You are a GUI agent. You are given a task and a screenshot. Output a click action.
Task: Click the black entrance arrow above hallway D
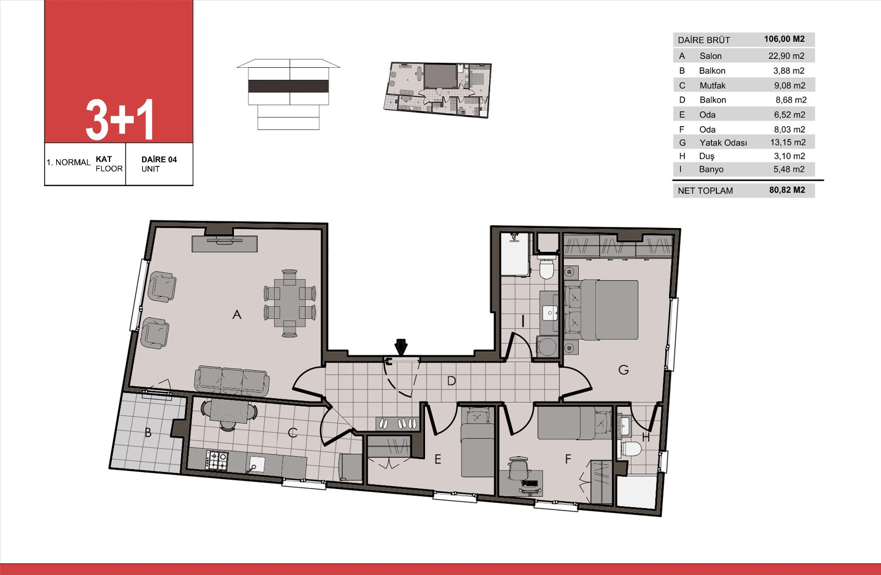401,346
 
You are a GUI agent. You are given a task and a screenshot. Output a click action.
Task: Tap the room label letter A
237,314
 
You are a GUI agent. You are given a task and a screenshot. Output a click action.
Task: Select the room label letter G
623,370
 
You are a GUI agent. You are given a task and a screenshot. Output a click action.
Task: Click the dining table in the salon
290,303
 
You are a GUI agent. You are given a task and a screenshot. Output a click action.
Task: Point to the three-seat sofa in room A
232,380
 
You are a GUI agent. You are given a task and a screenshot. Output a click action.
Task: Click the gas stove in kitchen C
216,460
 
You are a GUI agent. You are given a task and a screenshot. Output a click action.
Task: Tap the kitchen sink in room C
256,464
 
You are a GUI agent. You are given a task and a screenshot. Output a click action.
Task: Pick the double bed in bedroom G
601,310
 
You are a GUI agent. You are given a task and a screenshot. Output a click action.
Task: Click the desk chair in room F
518,468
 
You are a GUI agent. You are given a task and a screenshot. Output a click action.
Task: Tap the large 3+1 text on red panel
119,120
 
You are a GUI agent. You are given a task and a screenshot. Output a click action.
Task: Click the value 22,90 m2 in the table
786,56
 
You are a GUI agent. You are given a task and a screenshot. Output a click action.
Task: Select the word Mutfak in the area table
713,85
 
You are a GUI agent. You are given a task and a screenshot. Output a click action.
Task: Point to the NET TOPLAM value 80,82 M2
787,191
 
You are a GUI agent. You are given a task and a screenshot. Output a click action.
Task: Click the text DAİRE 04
159,159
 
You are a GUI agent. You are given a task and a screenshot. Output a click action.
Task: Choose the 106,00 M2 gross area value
784,39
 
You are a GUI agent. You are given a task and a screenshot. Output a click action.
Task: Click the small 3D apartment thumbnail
437,90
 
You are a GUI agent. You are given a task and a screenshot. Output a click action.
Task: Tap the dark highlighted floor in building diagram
289,86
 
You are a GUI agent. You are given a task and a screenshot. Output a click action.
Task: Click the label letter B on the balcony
148,432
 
